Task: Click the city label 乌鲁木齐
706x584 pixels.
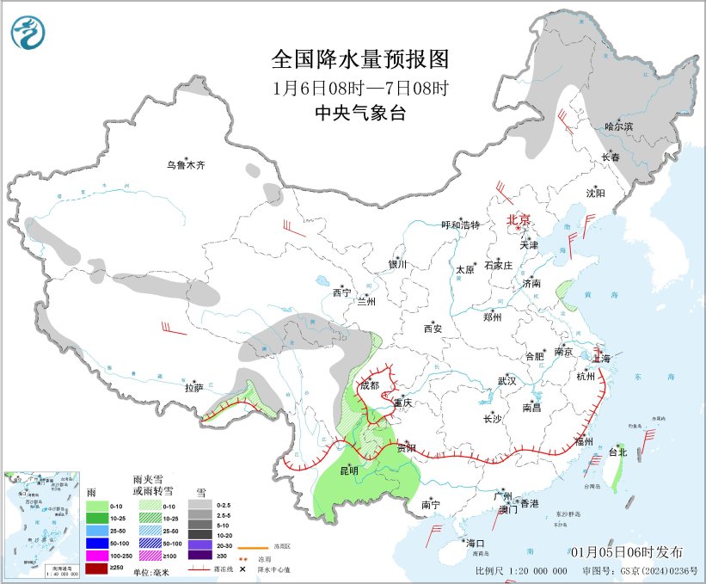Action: tap(187, 165)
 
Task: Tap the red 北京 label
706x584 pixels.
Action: tap(519, 219)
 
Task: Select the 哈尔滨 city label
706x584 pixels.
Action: tap(617, 126)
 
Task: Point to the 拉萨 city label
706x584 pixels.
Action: tap(193, 388)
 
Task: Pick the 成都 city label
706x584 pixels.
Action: tap(369, 385)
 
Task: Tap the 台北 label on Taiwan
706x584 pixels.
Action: tap(618, 451)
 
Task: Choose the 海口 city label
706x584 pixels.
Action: tap(476, 543)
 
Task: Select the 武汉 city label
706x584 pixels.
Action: tap(506, 380)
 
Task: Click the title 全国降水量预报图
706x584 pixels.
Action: tap(360, 59)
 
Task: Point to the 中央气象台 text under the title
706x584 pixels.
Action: tap(360, 113)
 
